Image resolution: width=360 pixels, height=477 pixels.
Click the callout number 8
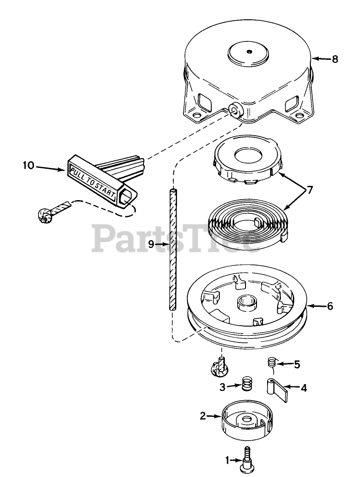click(x=334, y=59)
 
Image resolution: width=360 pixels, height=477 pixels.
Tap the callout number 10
click(x=29, y=164)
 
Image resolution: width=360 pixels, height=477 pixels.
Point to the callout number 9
click(x=151, y=245)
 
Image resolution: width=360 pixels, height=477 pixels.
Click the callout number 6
click(x=330, y=306)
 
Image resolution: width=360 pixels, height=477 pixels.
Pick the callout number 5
click(x=297, y=364)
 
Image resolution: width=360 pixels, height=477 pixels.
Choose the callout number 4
click(x=303, y=388)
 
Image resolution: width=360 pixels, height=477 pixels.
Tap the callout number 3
click(x=222, y=387)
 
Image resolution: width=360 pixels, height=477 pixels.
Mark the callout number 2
click(x=203, y=416)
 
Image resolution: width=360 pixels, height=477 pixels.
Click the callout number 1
click(x=227, y=460)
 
